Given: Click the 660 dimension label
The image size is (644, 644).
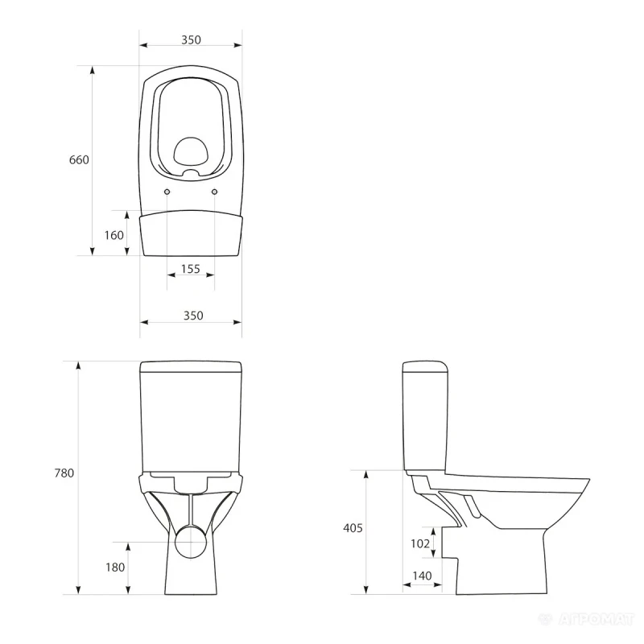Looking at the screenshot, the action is [79, 159].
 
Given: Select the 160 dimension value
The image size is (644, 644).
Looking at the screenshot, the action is [114, 235].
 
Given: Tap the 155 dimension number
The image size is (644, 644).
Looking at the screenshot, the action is [191, 269].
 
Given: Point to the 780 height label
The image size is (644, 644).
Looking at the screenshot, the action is [64, 473].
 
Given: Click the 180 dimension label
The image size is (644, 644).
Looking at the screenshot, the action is [115, 568].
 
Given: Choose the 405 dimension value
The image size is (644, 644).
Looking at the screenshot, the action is [353, 528].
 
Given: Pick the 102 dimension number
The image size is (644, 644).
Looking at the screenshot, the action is [420, 543].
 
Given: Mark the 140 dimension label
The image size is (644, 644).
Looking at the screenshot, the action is [422, 576].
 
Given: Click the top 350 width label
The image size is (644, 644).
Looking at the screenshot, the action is [192, 39].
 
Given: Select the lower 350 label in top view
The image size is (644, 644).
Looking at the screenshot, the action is [193, 316].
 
